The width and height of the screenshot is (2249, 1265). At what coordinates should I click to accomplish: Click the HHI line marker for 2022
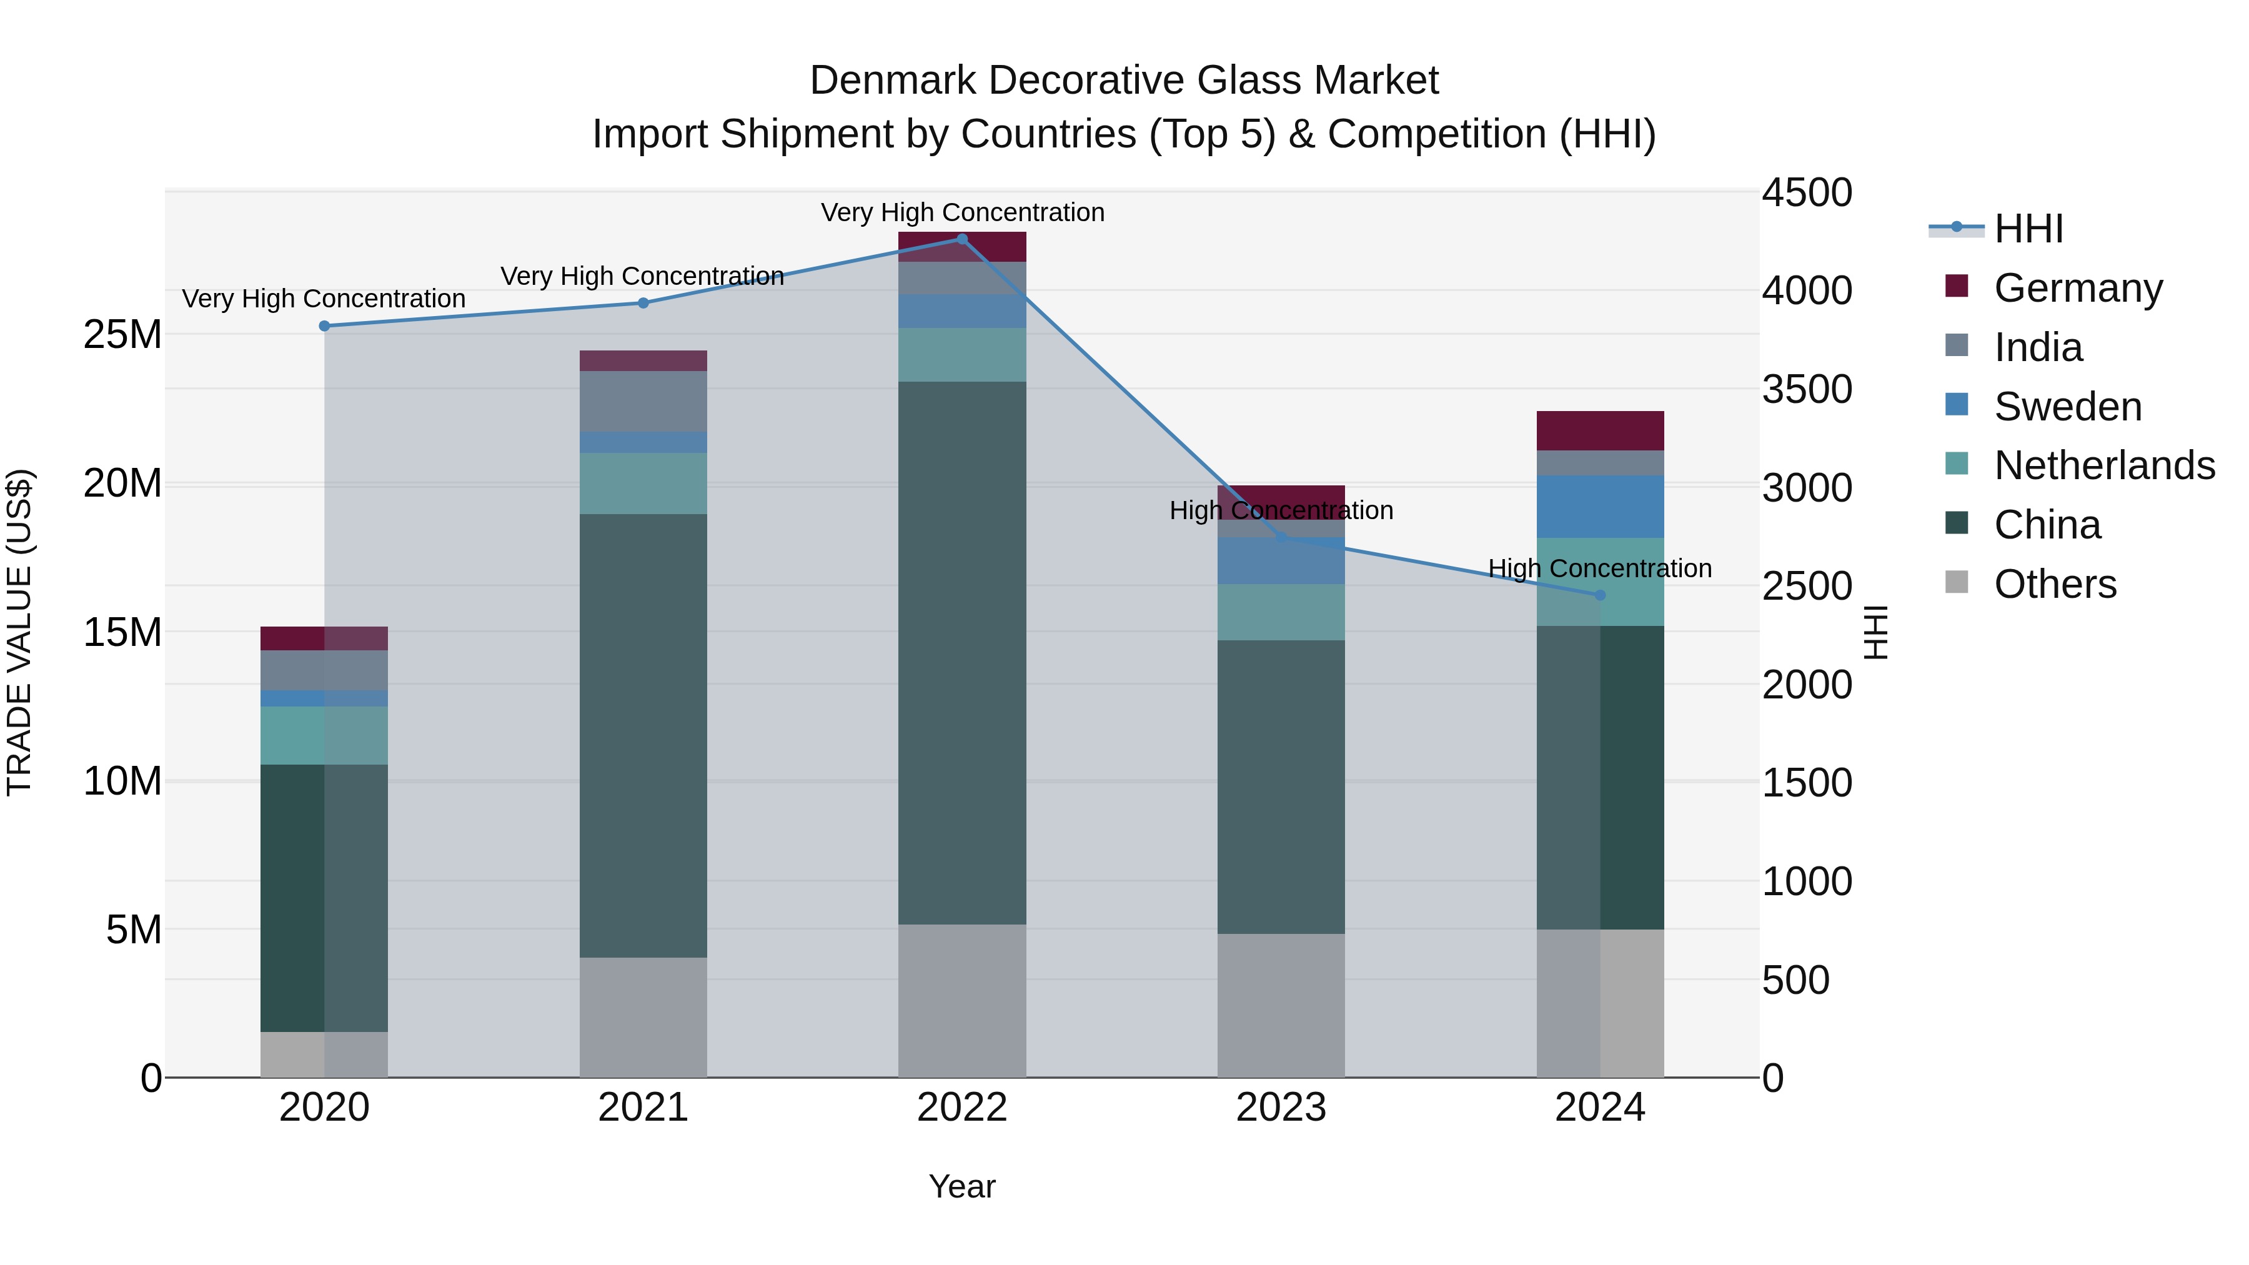coord(962,239)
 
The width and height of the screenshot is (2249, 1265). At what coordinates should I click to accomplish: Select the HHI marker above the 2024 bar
coord(1601,595)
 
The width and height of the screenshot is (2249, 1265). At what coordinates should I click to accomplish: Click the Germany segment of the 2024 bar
coord(1601,430)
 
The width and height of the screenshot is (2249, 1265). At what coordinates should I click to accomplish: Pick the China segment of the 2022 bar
coord(962,652)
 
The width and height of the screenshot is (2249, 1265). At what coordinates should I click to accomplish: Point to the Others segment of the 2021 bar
coord(643,1017)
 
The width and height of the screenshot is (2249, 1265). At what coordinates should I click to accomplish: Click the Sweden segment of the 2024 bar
coord(1601,507)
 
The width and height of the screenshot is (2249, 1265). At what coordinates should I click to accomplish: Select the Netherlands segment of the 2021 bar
coord(643,483)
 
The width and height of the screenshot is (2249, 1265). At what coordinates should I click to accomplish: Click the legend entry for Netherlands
coord(2104,465)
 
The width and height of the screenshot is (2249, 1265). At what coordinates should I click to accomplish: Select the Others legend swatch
coord(1957,582)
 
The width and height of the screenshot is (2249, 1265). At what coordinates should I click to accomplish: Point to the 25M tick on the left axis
coord(122,334)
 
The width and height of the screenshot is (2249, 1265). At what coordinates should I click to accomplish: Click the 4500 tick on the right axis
coord(1805,193)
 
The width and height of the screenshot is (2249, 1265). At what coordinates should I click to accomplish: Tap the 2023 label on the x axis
coord(1281,1108)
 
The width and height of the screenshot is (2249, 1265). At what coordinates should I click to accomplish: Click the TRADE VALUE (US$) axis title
coord(20,632)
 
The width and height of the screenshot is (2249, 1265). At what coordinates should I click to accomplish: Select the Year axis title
coord(962,1186)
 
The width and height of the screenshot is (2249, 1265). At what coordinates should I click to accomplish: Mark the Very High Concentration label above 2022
coord(962,212)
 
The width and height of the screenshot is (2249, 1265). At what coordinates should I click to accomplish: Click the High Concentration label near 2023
coord(1281,510)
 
